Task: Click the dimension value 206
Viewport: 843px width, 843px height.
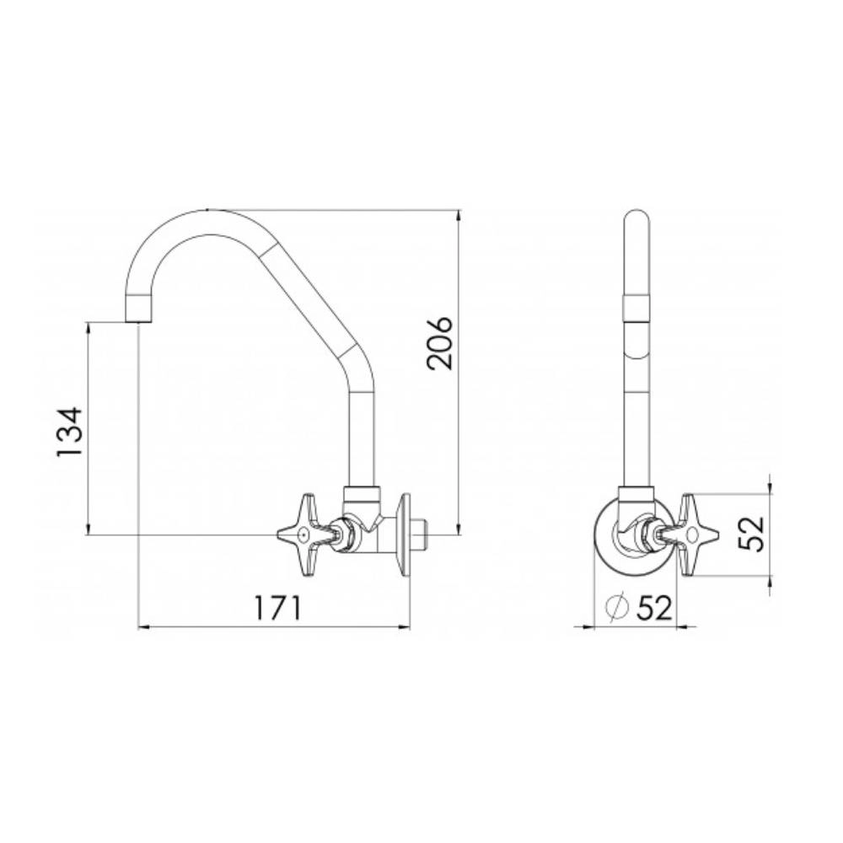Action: (x=439, y=343)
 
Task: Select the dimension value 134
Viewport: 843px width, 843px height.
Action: (x=70, y=432)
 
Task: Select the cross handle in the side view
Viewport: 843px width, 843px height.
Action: (x=301, y=534)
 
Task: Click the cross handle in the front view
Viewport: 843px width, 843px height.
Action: (x=696, y=534)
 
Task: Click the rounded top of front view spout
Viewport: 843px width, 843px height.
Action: (x=637, y=221)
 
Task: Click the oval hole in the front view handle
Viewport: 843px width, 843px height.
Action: (x=693, y=534)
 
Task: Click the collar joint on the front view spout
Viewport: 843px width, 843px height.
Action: (x=637, y=307)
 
